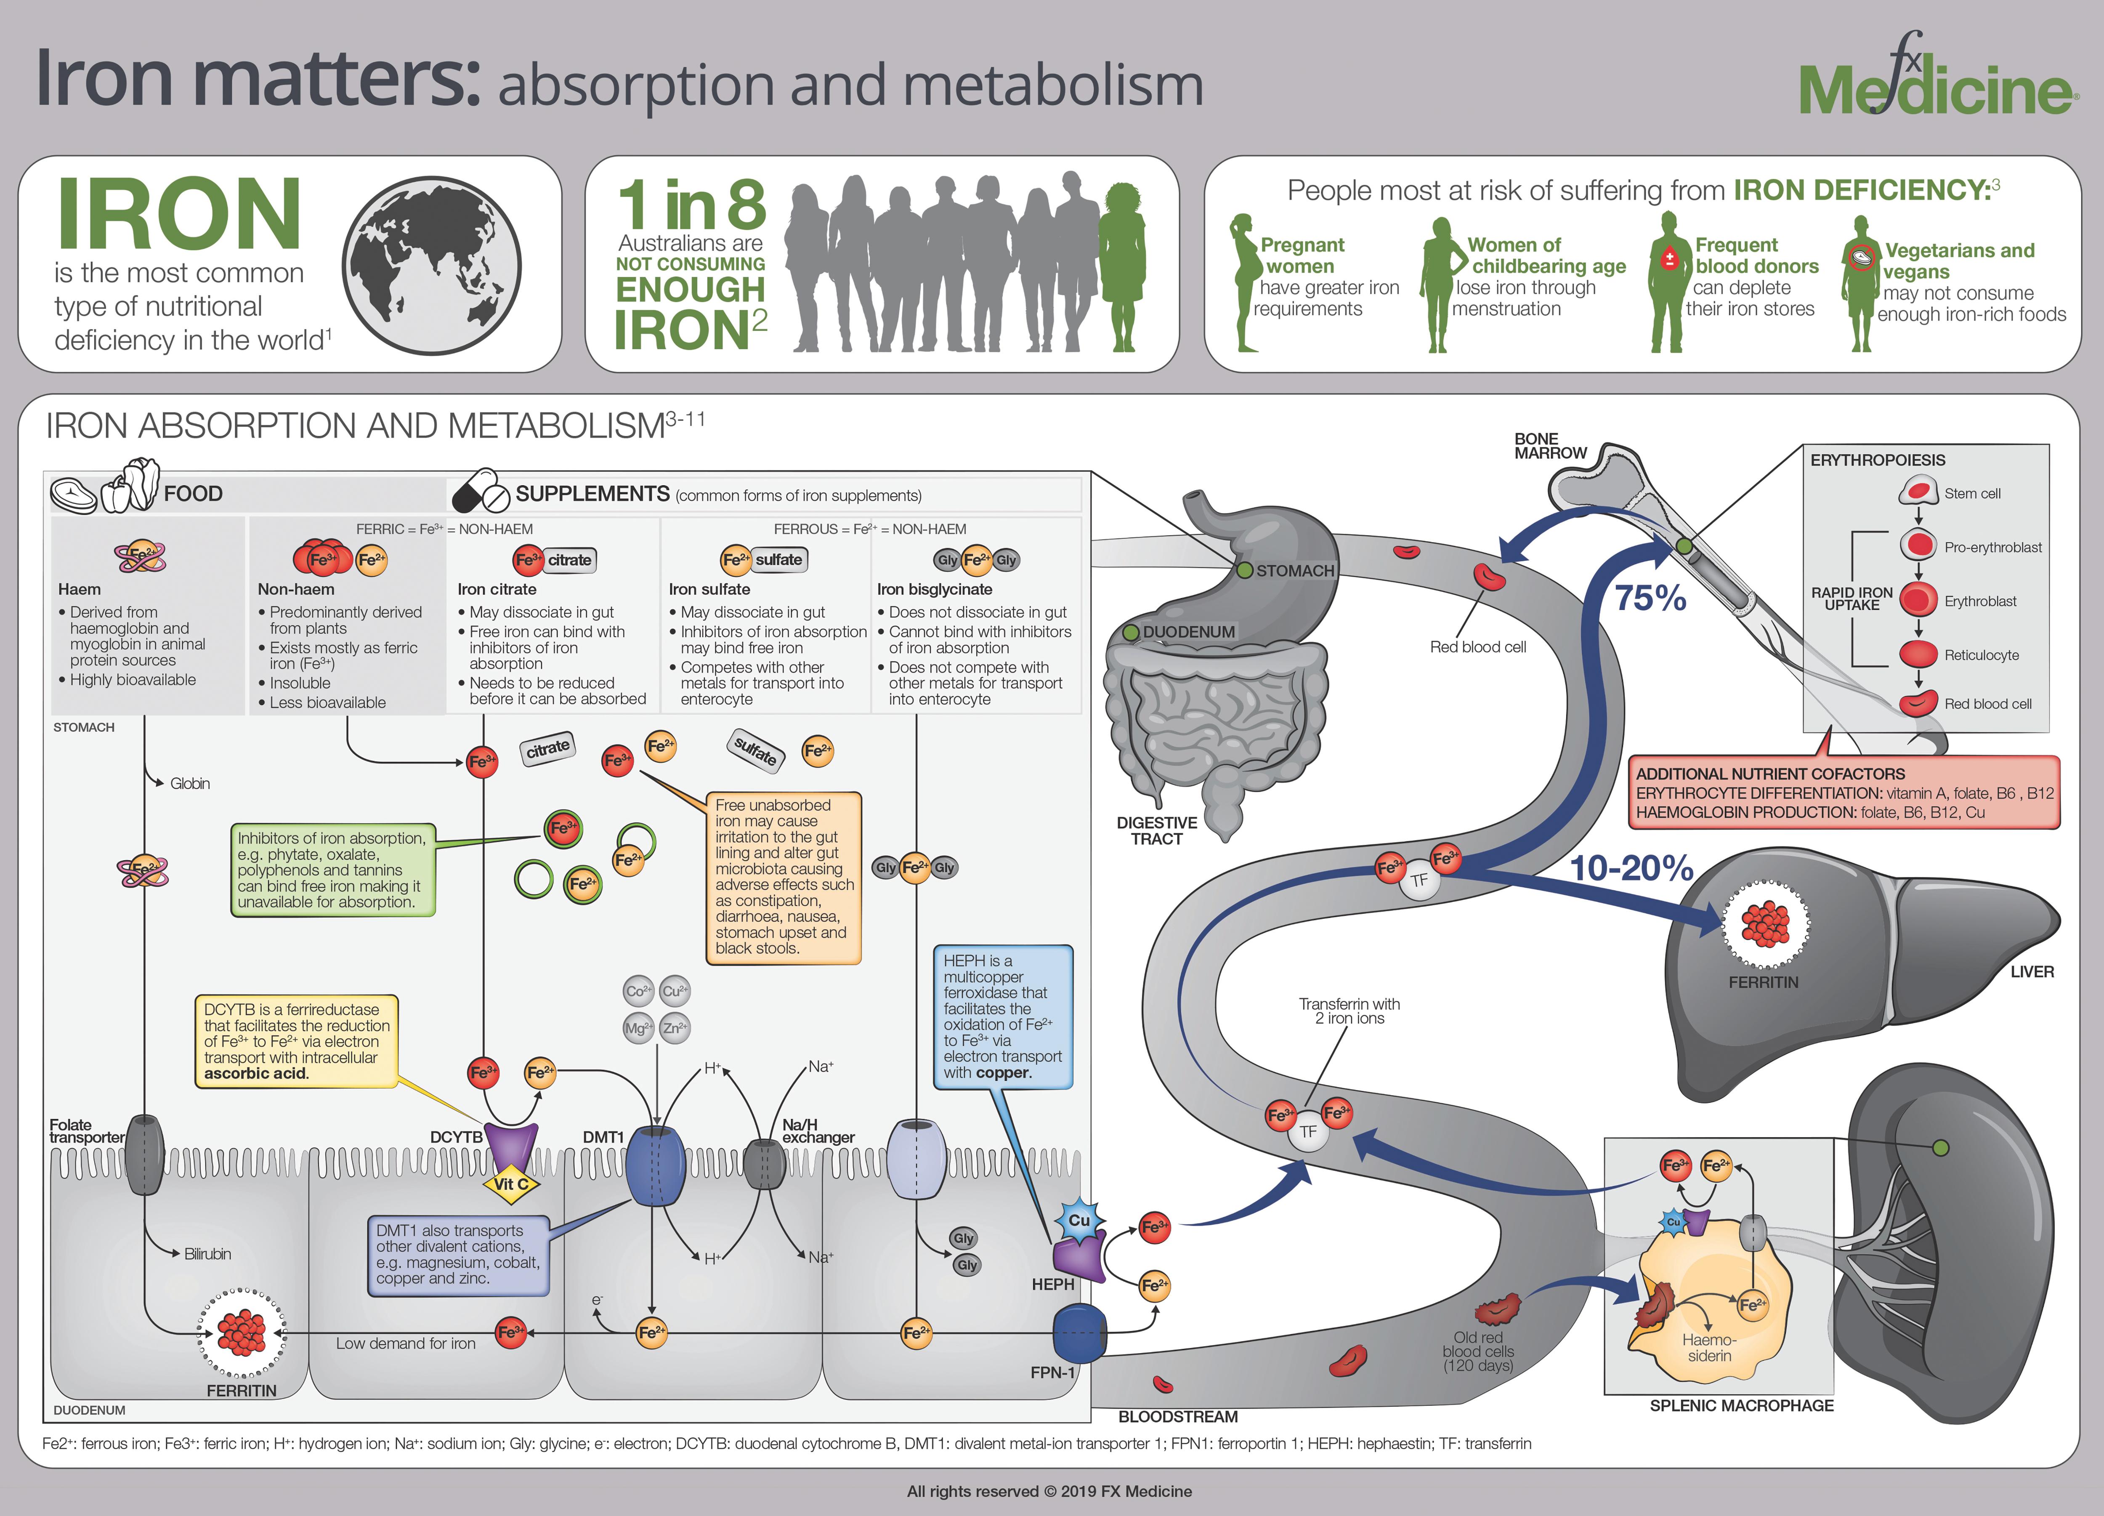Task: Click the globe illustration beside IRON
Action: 431,265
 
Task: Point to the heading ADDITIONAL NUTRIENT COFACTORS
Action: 1770,774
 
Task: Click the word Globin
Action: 190,784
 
